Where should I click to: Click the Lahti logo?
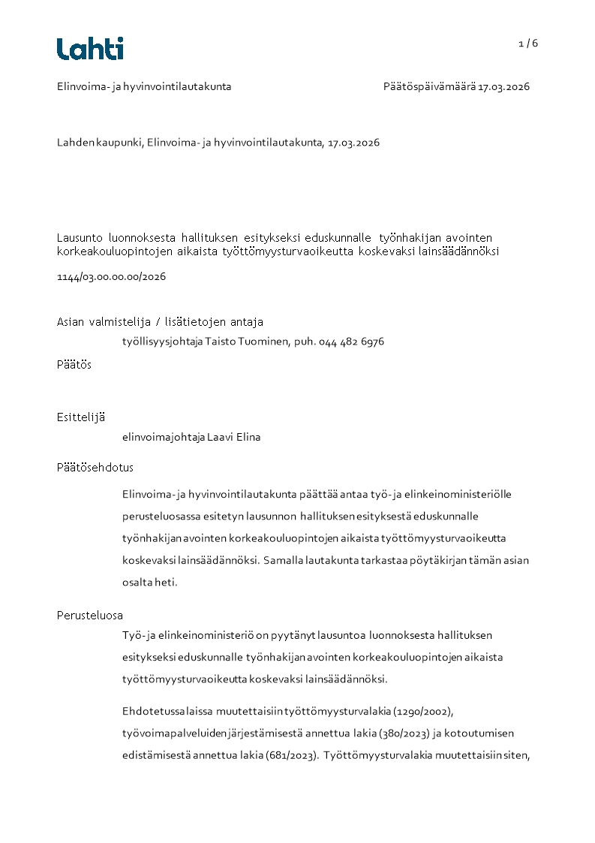coord(90,49)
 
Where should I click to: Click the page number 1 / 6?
coord(528,44)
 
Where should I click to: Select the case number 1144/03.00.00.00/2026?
coord(111,276)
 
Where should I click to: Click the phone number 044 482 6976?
coord(351,342)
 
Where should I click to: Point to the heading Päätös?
coord(74,365)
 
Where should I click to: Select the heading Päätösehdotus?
coord(95,467)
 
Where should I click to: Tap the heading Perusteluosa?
coord(90,616)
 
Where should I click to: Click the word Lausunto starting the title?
coord(80,236)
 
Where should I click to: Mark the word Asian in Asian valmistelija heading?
coord(72,322)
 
